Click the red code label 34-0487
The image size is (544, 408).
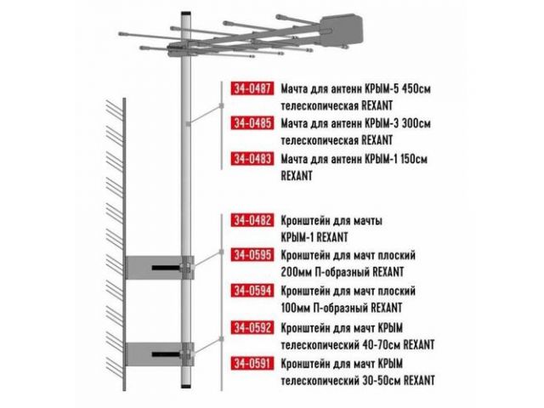[x=252, y=88]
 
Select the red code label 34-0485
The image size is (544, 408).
[x=252, y=122]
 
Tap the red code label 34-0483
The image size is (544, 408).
[x=252, y=159]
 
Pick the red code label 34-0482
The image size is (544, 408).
[x=252, y=220]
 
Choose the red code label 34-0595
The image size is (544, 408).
[x=252, y=255]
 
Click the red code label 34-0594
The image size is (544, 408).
[x=252, y=291]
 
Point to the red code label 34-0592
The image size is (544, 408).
[x=252, y=327]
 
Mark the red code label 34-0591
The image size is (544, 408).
[x=252, y=363]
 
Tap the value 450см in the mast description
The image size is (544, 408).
[x=416, y=88]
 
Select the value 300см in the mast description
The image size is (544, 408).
[x=416, y=123]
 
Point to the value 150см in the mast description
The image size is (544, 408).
[x=414, y=159]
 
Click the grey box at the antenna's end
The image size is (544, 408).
[x=342, y=30]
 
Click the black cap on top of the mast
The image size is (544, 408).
[x=186, y=14]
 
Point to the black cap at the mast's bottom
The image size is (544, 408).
[x=186, y=385]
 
